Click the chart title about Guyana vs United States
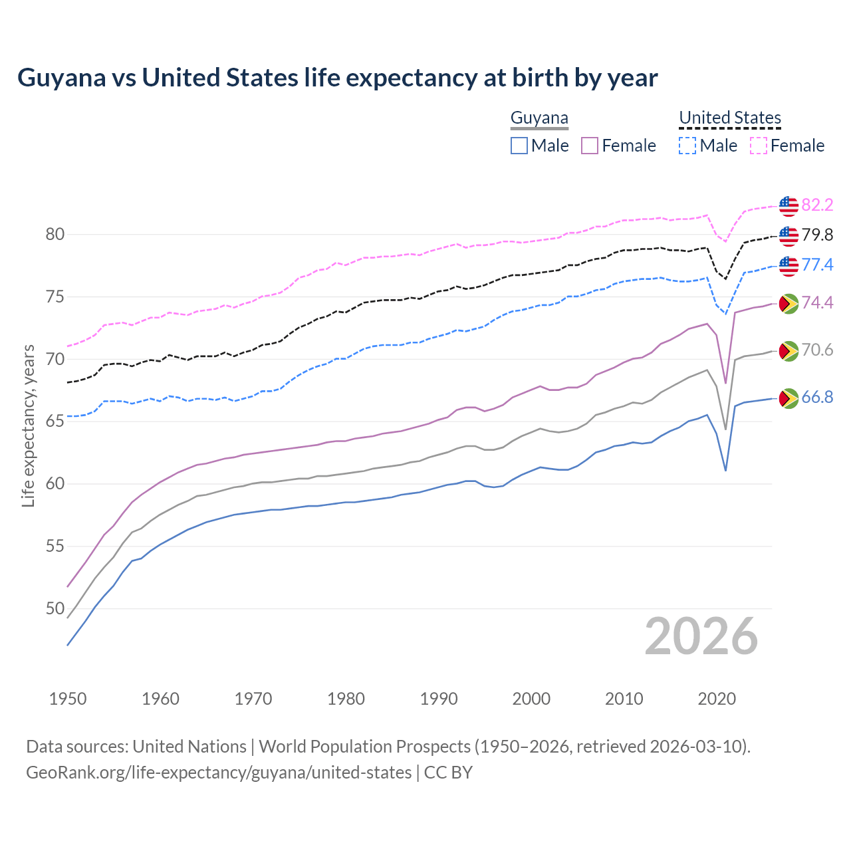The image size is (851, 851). (x=337, y=78)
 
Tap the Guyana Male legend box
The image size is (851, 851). (x=519, y=146)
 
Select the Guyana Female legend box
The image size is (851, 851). (x=590, y=146)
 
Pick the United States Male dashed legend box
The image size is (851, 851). (x=687, y=146)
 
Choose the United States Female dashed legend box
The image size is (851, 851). (x=759, y=146)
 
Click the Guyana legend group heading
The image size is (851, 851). (x=539, y=118)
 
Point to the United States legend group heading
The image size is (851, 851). (x=729, y=118)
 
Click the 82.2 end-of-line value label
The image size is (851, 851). (x=817, y=205)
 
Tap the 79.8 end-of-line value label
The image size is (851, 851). (x=817, y=235)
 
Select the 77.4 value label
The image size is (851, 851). (x=817, y=265)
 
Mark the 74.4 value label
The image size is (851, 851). (x=817, y=303)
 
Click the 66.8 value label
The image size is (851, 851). (x=817, y=398)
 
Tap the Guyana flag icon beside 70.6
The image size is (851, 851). (x=789, y=350)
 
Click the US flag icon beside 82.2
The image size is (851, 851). (x=789, y=205)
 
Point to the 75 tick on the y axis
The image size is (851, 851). (x=55, y=297)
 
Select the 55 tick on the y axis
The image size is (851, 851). (x=55, y=547)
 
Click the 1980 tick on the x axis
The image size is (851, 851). (x=346, y=699)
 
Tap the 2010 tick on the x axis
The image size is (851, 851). (x=624, y=699)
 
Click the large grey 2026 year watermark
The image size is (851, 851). (x=701, y=636)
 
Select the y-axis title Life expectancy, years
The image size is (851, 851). (x=29, y=425)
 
